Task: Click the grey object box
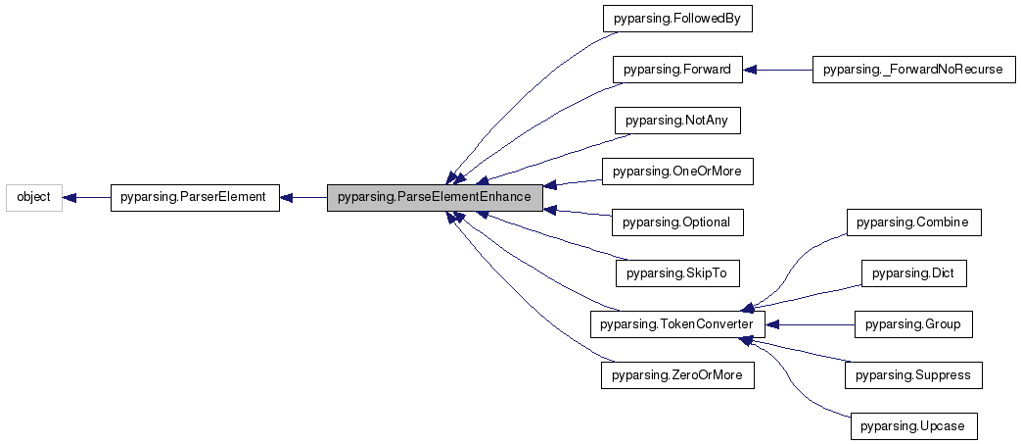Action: tap(34, 197)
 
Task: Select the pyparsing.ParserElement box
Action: tap(192, 197)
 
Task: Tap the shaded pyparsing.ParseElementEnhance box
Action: tap(434, 197)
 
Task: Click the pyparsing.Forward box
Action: tap(677, 70)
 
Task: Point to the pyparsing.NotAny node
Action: tap(676, 121)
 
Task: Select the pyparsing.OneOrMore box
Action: tap(676, 172)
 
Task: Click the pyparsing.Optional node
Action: tap(676, 222)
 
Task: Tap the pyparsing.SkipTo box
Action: tap(676, 273)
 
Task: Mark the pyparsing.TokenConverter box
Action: tap(676, 324)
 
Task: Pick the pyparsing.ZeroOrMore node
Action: tap(676, 375)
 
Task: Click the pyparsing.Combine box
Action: tap(911, 222)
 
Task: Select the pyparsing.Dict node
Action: tap(911, 273)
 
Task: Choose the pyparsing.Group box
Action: tap(911, 324)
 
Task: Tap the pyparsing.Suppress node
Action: tap(911, 375)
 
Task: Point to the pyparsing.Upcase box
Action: tap(911, 426)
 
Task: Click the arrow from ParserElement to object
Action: tap(86, 197)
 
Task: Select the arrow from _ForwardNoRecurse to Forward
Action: tap(777, 70)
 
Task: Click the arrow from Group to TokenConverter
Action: tap(808, 324)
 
